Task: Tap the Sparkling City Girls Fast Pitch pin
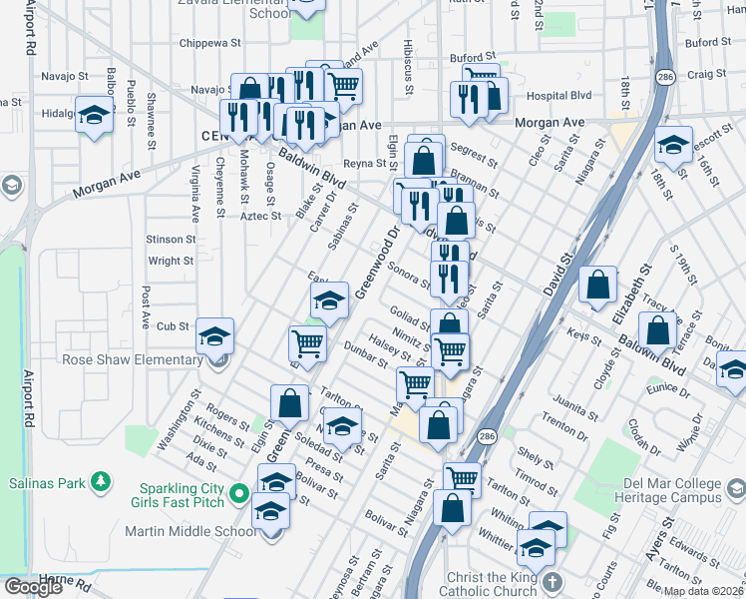click(x=238, y=493)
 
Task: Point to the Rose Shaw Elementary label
click(x=132, y=360)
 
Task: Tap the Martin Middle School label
click(x=190, y=530)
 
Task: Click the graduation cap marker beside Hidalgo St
click(x=94, y=115)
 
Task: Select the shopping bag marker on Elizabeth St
click(x=597, y=286)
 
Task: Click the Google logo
click(x=33, y=586)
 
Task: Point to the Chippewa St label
click(x=210, y=44)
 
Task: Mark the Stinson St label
click(x=170, y=240)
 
